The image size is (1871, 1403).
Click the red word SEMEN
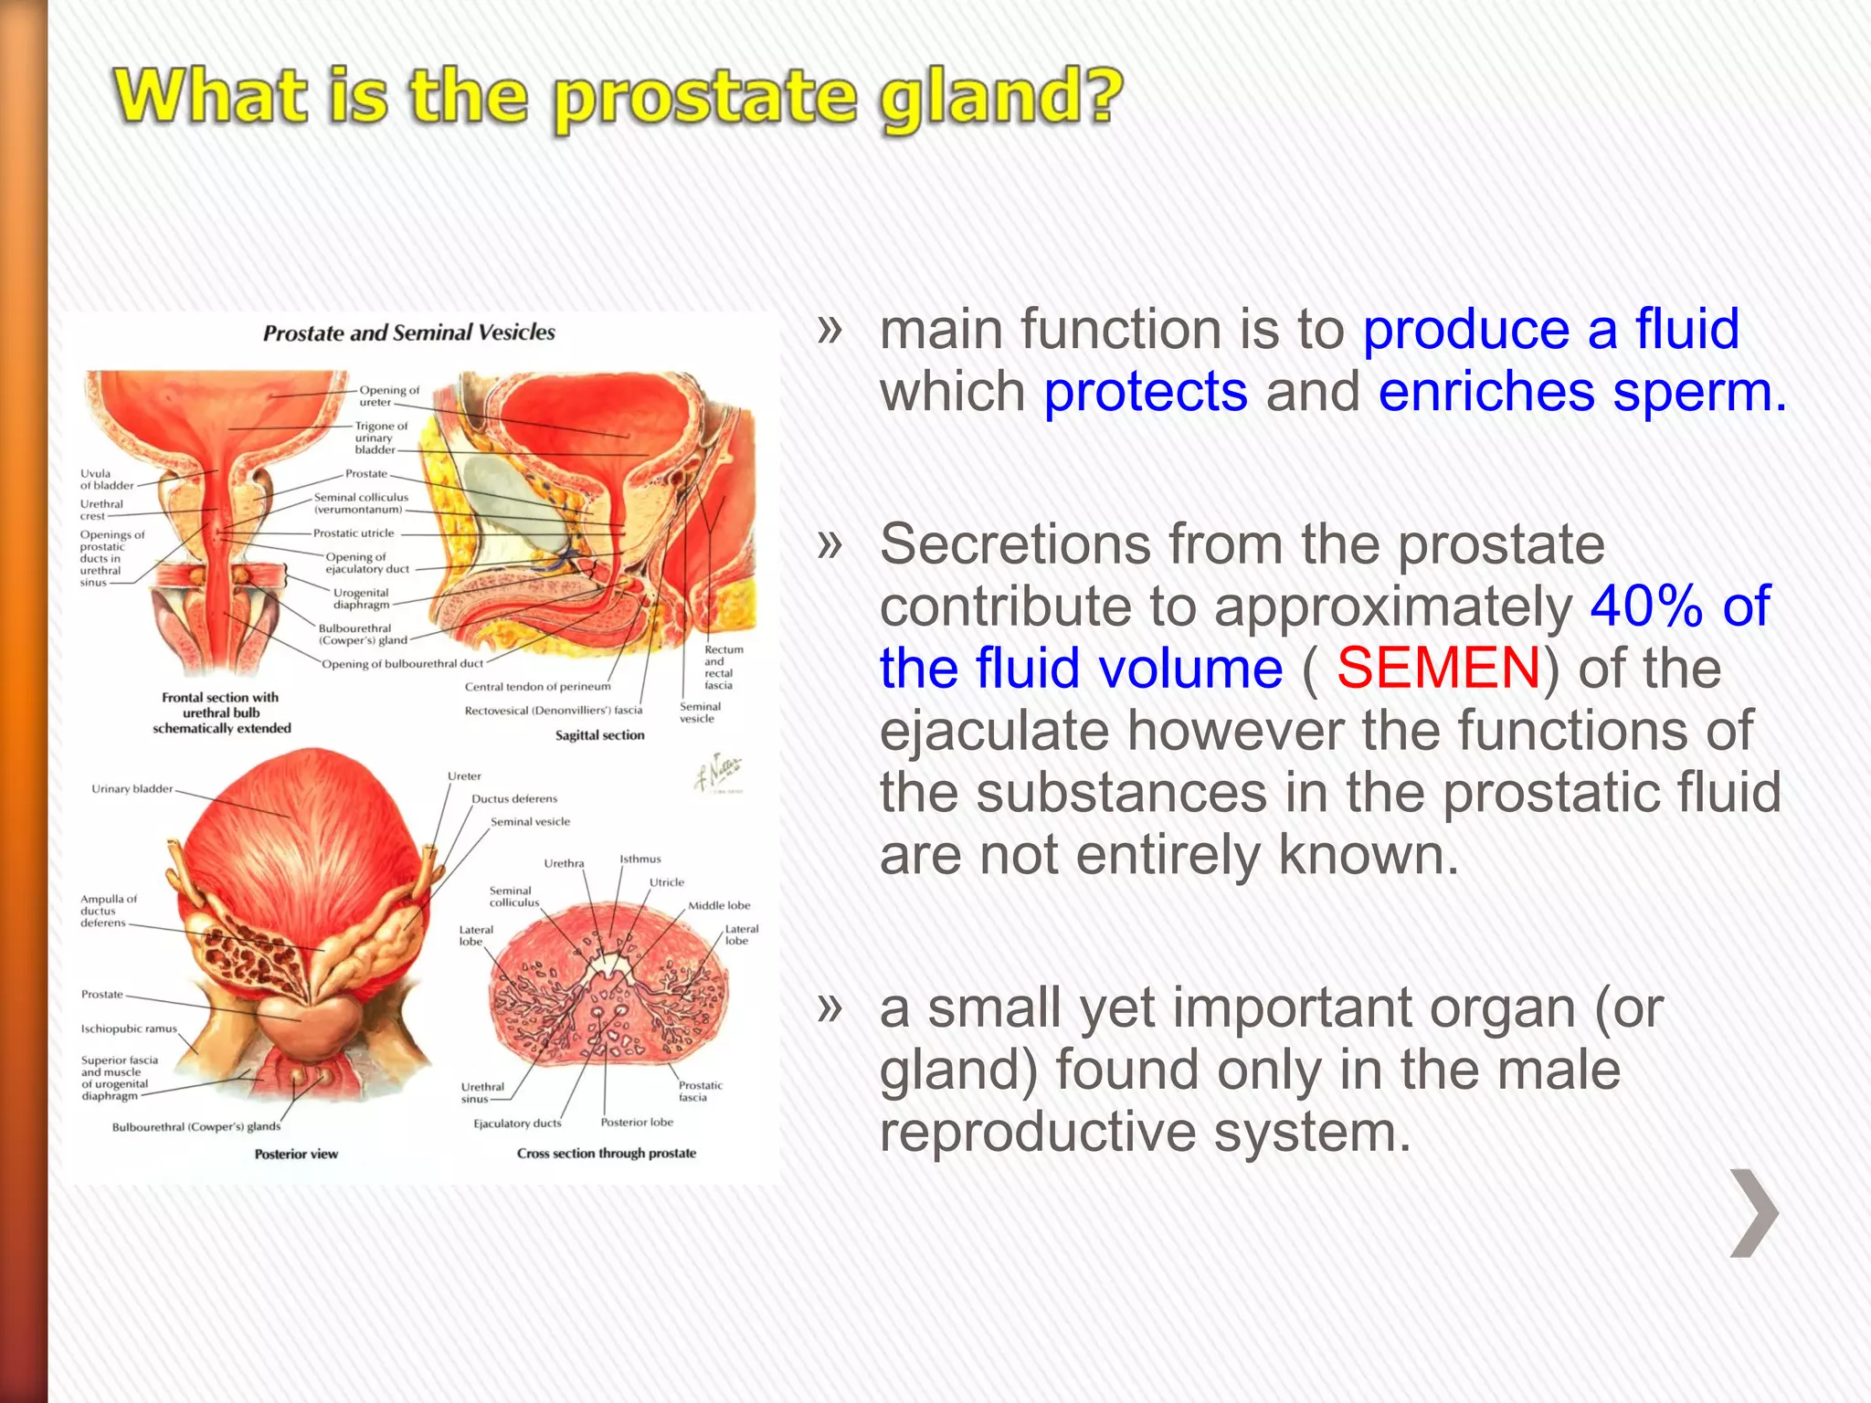pyautogui.click(x=1438, y=668)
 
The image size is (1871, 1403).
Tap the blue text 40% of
pyautogui.click(x=1680, y=606)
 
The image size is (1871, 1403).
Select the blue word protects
pyautogui.click(x=1145, y=392)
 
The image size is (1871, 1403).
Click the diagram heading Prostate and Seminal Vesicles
pyautogui.click(x=408, y=332)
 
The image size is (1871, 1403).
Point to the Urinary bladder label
pyautogui.click(x=132, y=788)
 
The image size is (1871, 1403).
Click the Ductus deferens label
pyautogui.click(x=514, y=798)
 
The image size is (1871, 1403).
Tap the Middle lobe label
pyautogui.click(x=719, y=905)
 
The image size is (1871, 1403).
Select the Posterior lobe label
pyautogui.click(x=637, y=1122)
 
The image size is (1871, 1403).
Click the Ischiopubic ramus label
pyautogui.click(x=129, y=1029)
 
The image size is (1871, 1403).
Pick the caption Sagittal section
pyautogui.click(x=599, y=735)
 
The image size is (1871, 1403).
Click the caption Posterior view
pyautogui.click(x=296, y=1155)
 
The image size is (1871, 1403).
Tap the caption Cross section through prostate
pyautogui.click(x=606, y=1154)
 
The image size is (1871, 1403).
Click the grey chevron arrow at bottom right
pyautogui.click(x=1754, y=1213)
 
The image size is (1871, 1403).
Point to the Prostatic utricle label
pyautogui.click(x=354, y=533)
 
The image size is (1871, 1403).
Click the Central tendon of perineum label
pyautogui.click(x=537, y=687)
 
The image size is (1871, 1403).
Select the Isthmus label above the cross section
pyautogui.click(x=640, y=859)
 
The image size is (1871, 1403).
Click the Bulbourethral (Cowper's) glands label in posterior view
pyautogui.click(x=196, y=1127)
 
